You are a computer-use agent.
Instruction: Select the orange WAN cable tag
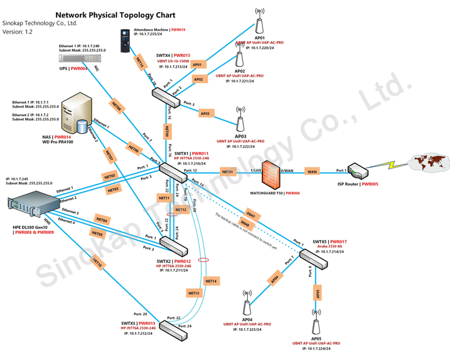[312, 171]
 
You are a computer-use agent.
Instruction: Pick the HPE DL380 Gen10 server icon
[34, 205]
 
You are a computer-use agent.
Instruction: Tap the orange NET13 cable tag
[194, 293]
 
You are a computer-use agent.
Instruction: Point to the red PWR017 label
[338, 242]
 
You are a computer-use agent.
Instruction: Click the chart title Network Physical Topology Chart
[115, 15]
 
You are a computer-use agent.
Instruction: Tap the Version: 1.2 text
[17, 32]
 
